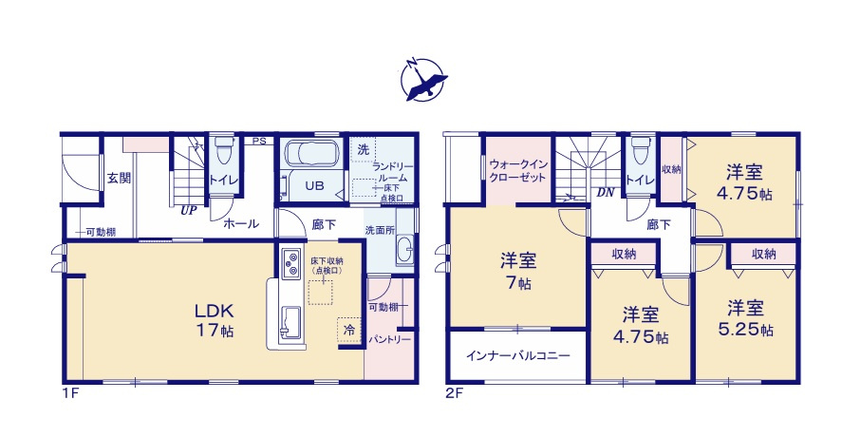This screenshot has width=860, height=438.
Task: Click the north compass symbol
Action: click(422, 79)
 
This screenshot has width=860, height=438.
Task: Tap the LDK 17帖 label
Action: click(215, 320)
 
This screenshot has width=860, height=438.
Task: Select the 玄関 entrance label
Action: click(118, 178)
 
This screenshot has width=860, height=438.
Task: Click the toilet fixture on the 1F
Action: click(224, 152)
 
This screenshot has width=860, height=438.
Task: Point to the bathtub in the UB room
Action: click(312, 154)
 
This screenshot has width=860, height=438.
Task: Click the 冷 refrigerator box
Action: click(348, 329)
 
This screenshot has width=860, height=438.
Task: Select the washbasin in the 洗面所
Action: click(402, 253)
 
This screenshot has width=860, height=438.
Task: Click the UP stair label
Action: click(188, 211)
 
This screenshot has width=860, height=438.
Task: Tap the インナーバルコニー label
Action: click(517, 355)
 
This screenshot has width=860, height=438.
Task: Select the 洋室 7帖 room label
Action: click(518, 271)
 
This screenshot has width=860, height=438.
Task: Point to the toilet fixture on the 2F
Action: click(640, 152)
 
